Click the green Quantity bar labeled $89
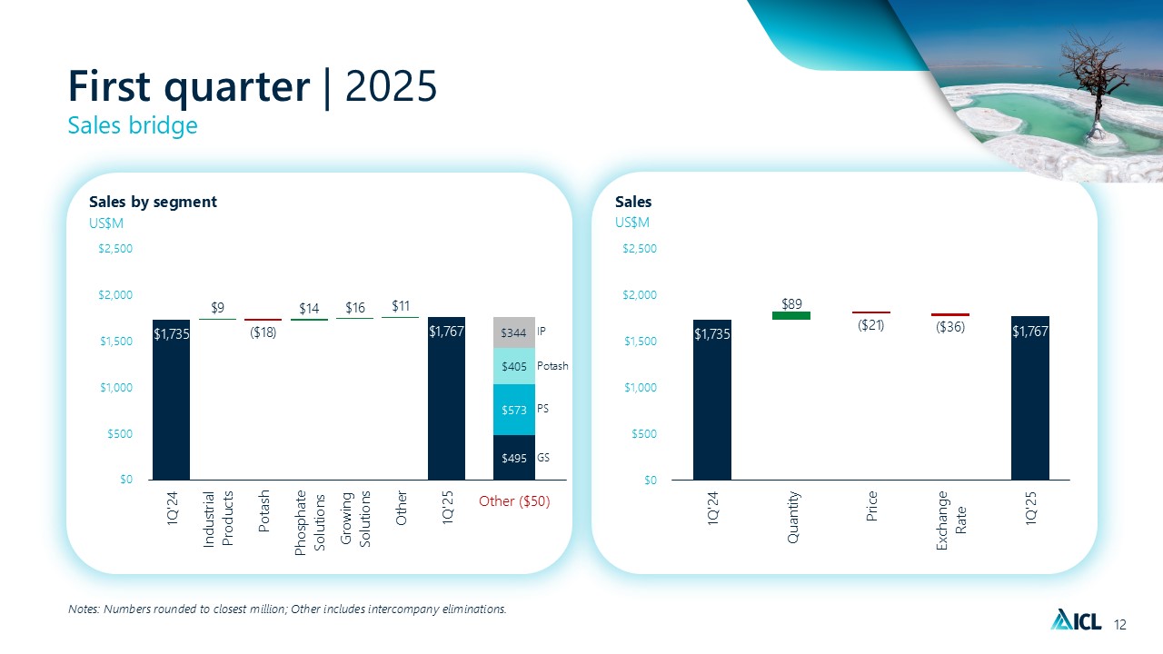click(x=790, y=315)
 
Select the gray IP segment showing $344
click(x=514, y=332)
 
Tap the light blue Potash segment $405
click(x=514, y=366)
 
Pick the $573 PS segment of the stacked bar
click(x=514, y=410)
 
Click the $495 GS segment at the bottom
click(x=514, y=457)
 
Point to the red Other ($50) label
click(x=514, y=500)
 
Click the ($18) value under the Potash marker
click(x=263, y=332)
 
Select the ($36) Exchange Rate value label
click(x=949, y=327)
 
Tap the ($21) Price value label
click(x=871, y=324)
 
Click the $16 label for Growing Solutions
click(x=354, y=308)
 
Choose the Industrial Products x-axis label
click(x=218, y=519)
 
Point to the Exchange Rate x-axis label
click(x=950, y=519)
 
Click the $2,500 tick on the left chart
click(x=114, y=249)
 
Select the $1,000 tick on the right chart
click(x=640, y=388)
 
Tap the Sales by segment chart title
click(x=152, y=202)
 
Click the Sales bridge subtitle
click(x=133, y=126)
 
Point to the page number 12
click(x=1119, y=624)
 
